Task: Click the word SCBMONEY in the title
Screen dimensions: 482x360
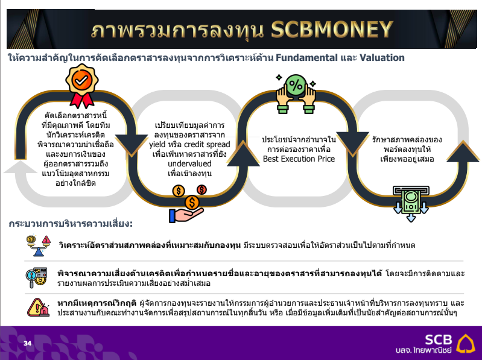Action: (332, 30)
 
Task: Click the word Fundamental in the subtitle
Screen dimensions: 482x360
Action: (306, 57)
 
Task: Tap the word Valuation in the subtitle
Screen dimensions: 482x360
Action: (382, 57)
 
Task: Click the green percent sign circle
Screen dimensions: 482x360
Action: (296, 85)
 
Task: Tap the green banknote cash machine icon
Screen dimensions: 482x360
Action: (411, 203)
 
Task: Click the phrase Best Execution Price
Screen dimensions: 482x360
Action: (299, 159)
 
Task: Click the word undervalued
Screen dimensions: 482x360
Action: (189, 164)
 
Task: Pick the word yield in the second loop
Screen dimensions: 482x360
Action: (157, 145)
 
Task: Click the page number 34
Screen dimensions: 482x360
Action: (27, 343)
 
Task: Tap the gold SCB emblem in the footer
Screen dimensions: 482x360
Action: (466, 343)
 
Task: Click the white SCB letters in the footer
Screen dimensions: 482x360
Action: (439, 339)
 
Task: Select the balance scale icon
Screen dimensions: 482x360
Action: (39, 245)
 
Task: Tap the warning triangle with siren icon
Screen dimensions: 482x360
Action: (39, 307)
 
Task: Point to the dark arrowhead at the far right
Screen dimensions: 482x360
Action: (463, 151)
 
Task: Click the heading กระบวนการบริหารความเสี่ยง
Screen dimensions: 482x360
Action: (71, 223)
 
